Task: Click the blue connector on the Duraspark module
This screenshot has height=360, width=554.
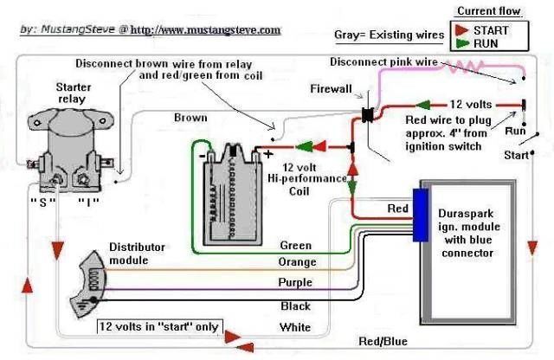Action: click(420, 212)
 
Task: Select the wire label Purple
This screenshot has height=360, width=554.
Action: click(295, 283)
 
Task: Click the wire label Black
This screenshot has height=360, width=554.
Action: click(295, 305)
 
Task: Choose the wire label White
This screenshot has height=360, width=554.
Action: click(295, 327)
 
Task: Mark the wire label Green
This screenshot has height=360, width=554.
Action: click(295, 246)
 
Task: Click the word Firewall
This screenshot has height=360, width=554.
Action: click(332, 89)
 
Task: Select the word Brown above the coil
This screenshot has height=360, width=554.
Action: click(190, 118)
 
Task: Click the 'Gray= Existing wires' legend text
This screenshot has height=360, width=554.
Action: click(388, 35)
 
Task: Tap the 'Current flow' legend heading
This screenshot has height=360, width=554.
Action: click(489, 10)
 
